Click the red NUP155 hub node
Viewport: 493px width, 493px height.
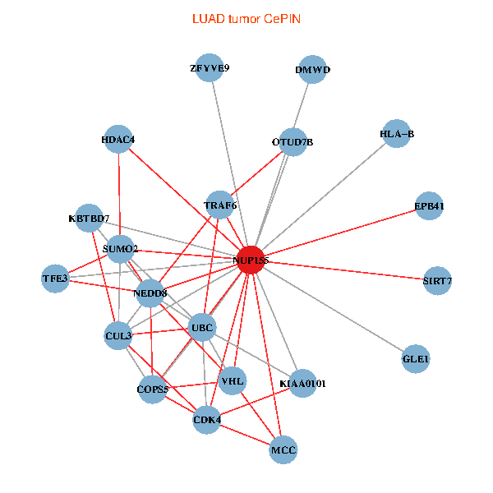(x=250, y=260)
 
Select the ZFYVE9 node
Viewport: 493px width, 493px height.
(x=210, y=68)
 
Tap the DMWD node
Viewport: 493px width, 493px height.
(x=312, y=70)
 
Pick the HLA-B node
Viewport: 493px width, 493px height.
(x=397, y=134)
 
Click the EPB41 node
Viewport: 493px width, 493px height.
(x=429, y=206)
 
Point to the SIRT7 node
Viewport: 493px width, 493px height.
(x=437, y=281)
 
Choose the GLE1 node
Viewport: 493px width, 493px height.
(x=416, y=359)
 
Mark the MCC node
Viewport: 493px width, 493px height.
(x=283, y=449)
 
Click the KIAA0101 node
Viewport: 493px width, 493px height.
(x=302, y=383)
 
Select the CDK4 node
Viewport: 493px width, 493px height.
(x=207, y=420)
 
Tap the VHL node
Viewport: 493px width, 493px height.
(x=233, y=380)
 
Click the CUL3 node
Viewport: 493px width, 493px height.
(x=118, y=335)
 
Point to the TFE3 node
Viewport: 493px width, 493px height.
(x=55, y=279)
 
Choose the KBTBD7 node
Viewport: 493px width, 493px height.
(x=89, y=219)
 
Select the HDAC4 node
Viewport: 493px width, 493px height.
(x=117, y=140)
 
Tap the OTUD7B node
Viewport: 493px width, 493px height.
(x=292, y=142)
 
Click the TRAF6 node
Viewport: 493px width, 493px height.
(x=219, y=205)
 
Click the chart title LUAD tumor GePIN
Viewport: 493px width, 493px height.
(x=246, y=18)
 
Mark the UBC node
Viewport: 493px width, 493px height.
(x=202, y=328)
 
